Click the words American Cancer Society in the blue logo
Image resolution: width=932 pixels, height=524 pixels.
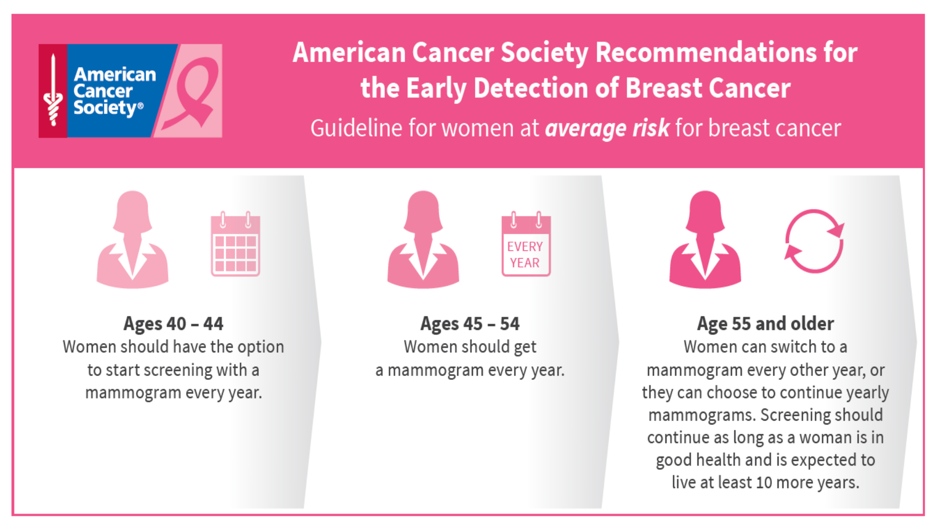(115, 91)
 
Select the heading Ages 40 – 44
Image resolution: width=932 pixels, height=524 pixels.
(173, 324)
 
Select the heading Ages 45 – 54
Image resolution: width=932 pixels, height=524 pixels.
(470, 324)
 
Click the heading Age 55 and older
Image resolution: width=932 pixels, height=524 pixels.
(765, 324)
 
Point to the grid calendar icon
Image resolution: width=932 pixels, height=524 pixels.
(235, 245)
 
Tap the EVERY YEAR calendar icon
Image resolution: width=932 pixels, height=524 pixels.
(526, 245)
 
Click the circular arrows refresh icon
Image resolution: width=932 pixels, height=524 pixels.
(814, 241)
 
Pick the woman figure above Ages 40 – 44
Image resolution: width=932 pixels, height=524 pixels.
(133, 240)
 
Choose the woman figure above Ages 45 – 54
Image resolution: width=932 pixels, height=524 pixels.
(423, 240)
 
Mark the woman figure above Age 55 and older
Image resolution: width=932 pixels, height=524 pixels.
(705, 240)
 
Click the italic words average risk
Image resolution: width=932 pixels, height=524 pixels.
(607, 129)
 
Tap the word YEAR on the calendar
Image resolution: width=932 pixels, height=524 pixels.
(525, 263)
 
